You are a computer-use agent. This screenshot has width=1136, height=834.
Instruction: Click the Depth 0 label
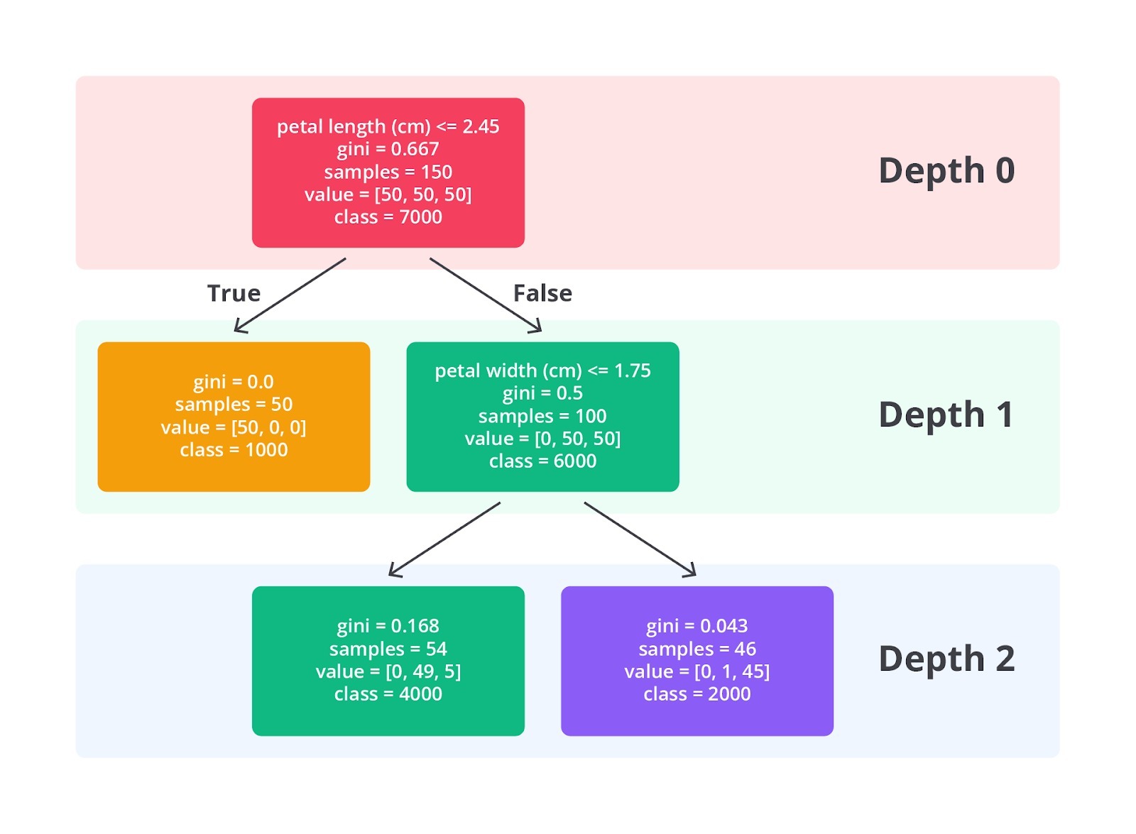[x=946, y=171]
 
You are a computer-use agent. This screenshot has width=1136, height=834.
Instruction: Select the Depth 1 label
[x=946, y=415]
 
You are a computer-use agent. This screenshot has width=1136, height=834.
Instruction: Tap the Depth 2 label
[x=946, y=659]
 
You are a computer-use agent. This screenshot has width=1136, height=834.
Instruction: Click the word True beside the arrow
[x=234, y=293]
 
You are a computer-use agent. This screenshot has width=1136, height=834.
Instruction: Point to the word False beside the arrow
[x=542, y=293]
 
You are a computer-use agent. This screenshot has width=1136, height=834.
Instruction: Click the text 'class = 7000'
[x=388, y=217]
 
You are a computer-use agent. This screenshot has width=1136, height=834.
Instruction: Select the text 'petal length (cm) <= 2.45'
[x=388, y=127]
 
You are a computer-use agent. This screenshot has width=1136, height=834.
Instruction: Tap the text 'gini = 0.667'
[x=388, y=149]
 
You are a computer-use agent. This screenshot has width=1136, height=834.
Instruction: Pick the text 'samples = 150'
[x=388, y=172]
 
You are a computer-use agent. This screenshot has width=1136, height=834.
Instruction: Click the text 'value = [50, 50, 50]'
[x=388, y=194]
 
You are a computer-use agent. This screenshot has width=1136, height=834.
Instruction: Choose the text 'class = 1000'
[x=234, y=450]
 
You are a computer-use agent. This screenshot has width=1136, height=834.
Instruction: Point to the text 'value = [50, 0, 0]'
[x=234, y=427]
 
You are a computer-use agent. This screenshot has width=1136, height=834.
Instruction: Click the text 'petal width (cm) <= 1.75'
[x=542, y=371]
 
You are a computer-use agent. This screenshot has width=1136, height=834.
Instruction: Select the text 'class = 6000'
[x=542, y=461]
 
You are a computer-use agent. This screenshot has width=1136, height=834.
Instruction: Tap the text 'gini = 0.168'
[x=388, y=626]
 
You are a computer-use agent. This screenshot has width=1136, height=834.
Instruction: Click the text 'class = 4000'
[x=388, y=693]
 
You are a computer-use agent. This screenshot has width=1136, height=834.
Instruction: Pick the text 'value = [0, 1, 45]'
[x=697, y=671]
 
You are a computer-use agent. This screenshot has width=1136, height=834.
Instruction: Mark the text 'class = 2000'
[x=697, y=693]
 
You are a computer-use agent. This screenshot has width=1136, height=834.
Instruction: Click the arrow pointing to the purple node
[x=640, y=539]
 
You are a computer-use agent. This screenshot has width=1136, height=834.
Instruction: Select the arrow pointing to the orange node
[x=290, y=295]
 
